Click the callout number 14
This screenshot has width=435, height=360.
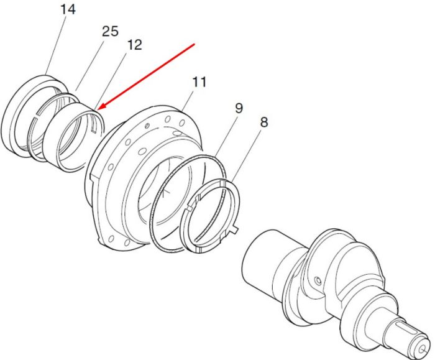pos(68,9)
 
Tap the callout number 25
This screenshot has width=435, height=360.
pos(110,31)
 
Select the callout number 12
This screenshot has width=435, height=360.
pos(134,45)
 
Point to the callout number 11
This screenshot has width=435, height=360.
pos(199,82)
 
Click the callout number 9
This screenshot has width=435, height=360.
pos(239,108)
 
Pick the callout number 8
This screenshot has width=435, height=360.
pos(264,122)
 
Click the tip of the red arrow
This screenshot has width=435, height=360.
pos(99,109)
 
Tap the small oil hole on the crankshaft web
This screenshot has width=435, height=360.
pos(318,281)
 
